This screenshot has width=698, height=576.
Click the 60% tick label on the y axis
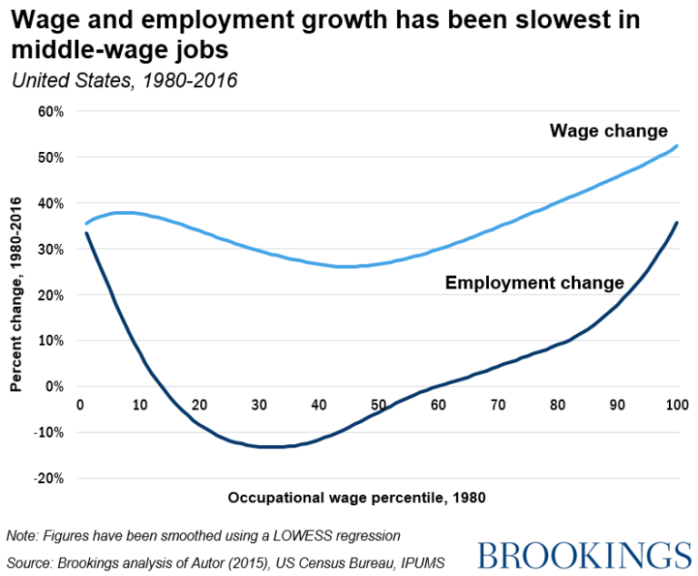[x=48, y=111]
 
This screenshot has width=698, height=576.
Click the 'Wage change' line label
[x=608, y=131]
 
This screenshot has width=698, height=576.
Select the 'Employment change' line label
[x=533, y=282]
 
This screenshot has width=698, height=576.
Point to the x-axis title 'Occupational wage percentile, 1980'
[x=356, y=497]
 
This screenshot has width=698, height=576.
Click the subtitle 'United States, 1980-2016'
[x=125, y=80]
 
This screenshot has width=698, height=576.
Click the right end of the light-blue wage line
[x=677, y=146]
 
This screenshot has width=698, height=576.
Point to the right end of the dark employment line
[x=677, y=222]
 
